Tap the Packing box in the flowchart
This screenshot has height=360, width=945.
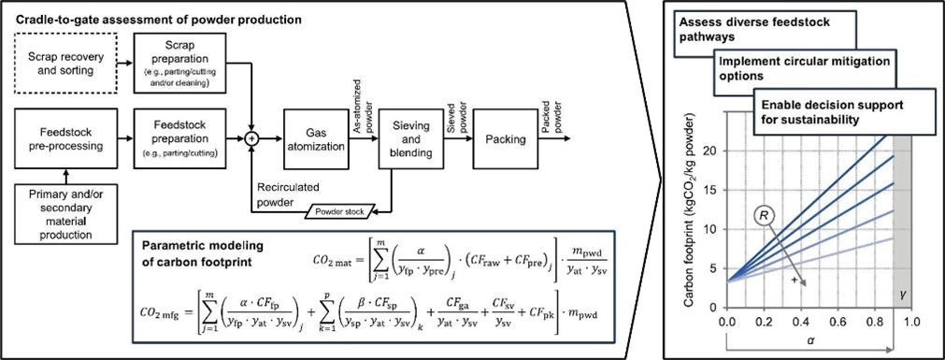click(506, 139)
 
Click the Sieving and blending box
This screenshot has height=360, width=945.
click(411, 139)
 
